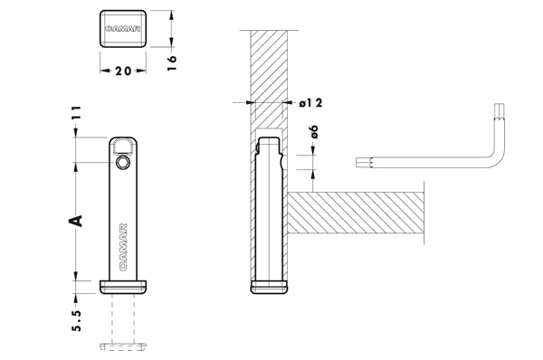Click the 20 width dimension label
point(123,71)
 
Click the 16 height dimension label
point(172,62)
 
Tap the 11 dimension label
point(77,112)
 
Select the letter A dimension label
point(76,221)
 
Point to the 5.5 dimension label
point(77,320)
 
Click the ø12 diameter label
point(310,103)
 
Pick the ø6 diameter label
point(314,132)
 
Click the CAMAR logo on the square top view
point(123,29)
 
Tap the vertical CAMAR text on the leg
point(123,247)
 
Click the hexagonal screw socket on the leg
point(123,162)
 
